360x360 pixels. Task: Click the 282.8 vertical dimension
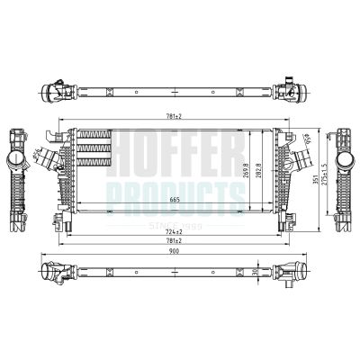(x=261, y=169)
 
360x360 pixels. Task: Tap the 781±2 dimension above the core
(x=173, y=117)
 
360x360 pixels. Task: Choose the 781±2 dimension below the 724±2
(x=175, y=242)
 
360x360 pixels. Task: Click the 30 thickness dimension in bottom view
(x=256, y=270)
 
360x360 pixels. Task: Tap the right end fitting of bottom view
(x=291, y=271)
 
